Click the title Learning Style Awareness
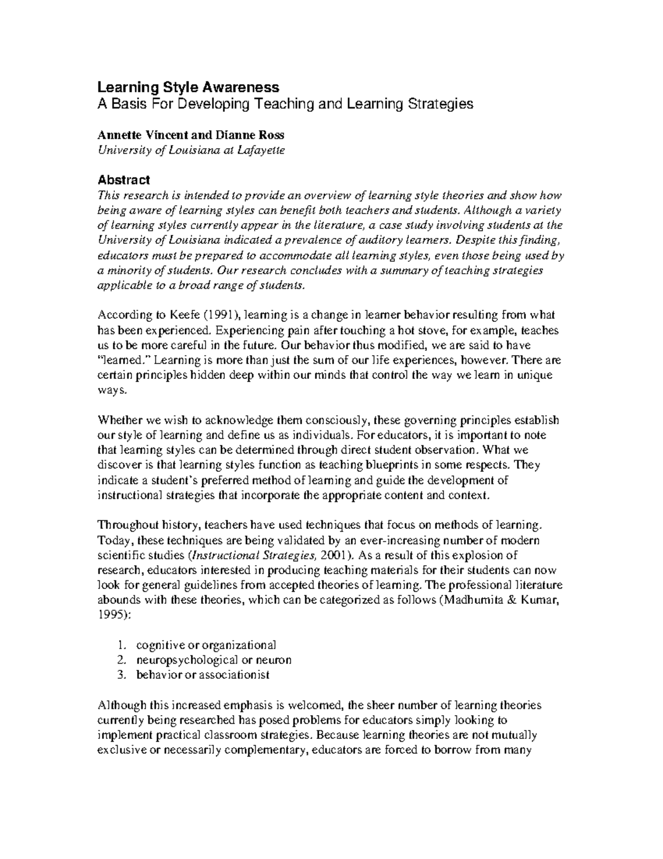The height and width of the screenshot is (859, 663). point(188,87)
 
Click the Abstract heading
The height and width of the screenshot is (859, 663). point(123,180)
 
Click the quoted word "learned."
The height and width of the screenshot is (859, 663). point(124,360)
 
